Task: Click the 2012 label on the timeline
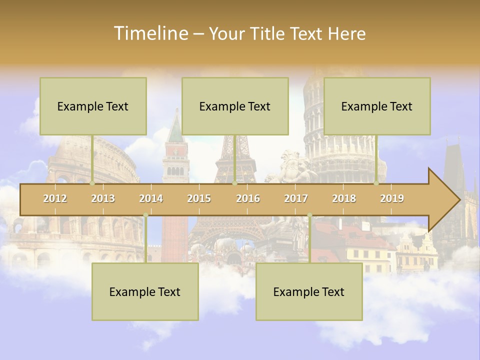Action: click(55, 198)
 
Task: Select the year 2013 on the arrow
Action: click(103, 198)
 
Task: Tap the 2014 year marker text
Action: click(151, 198)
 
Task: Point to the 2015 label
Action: click(199, 198)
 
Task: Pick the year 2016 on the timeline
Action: click(248, 198)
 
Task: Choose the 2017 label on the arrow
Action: click(296, 198)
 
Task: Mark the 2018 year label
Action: click(344, 198)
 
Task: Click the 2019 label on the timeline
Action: click(392, 198)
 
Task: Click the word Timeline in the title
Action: click(150, 33)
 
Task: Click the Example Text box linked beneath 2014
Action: click(145, 291)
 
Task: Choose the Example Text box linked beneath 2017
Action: click(309, 291)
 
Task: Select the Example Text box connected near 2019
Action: click(377, 106)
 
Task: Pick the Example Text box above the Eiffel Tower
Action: click(235, 106)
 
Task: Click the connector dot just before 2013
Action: click(92, 183)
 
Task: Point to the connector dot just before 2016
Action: click(234, 183)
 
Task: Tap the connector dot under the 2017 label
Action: click(309, 215)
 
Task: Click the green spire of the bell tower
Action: click(175, 131)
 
